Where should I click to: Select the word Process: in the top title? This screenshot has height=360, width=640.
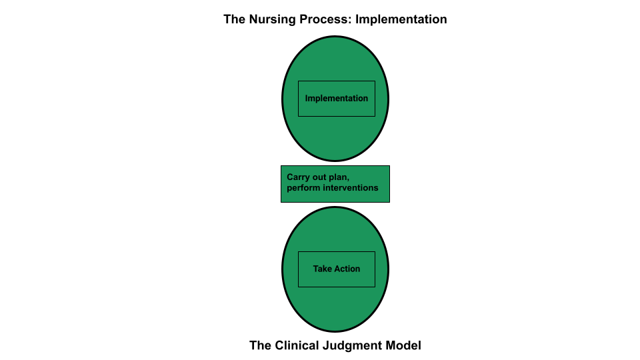point(325,19)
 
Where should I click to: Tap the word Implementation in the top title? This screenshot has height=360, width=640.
point(401,19)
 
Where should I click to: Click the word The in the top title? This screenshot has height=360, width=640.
point(235,19)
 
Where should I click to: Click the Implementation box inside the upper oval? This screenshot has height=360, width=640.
point(336,99)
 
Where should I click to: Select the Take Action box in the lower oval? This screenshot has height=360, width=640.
point(336,269)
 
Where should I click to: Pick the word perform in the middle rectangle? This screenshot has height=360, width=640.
point(304,188)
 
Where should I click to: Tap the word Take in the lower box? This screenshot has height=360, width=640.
point(322,269)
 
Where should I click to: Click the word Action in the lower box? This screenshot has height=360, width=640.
point(347,269)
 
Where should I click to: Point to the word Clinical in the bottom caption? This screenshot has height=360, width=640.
point(297,345)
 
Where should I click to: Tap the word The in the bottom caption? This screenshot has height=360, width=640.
point(261,345)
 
